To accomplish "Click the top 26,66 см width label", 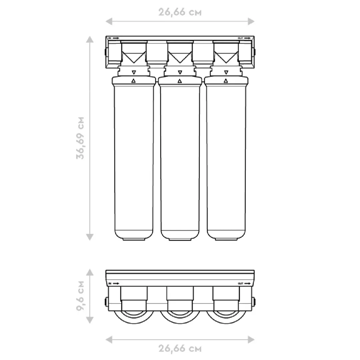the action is click(x=180, y=12).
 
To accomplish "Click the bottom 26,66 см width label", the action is click(x=180, y=349).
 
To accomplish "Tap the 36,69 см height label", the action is click(x=80, y=138).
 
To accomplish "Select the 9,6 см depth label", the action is click(x=80, y=296).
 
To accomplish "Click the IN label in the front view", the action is click(x=110, y=38).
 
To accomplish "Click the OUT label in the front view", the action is click(x=240, y=38).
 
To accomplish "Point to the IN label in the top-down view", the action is click(x=110, y=284).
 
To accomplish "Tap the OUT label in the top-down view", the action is click(x=240, y=284).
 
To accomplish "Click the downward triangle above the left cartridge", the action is click(x=134, y=72).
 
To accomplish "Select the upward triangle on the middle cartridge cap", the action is click(x=180, y=81).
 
